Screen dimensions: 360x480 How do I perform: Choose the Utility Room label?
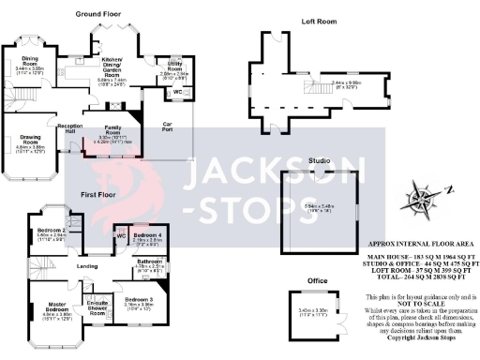[x=174, y=67]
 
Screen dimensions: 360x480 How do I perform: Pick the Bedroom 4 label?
[x=147, y=234]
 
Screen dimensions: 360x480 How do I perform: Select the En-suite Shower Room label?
[x=97, y=305]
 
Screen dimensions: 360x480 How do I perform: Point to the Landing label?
[x=88, y=266]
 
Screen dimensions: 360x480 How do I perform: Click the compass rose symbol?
[x=414, y=199]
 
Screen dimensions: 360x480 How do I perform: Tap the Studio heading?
[x=320, y=161]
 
